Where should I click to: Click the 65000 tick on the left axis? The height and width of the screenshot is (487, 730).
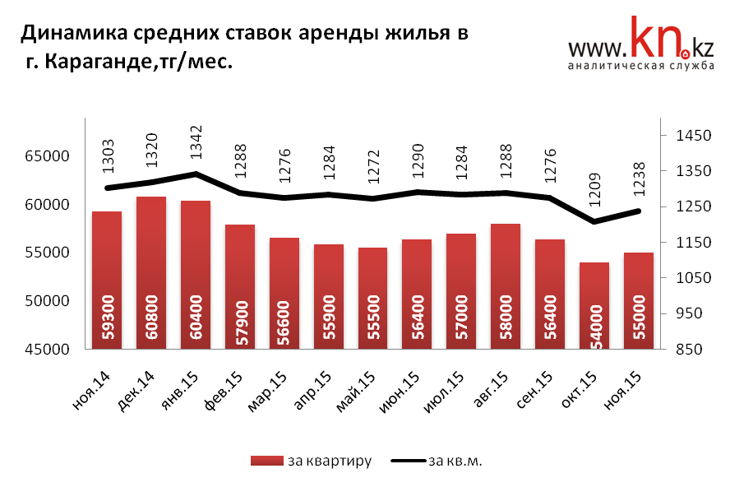[46, 156]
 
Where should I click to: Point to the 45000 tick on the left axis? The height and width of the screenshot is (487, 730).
[46, 350]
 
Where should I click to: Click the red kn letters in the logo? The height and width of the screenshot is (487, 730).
[654, 41]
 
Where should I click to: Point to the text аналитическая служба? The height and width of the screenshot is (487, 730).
[640, 67]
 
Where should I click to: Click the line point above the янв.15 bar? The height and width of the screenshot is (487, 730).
[196, 174]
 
